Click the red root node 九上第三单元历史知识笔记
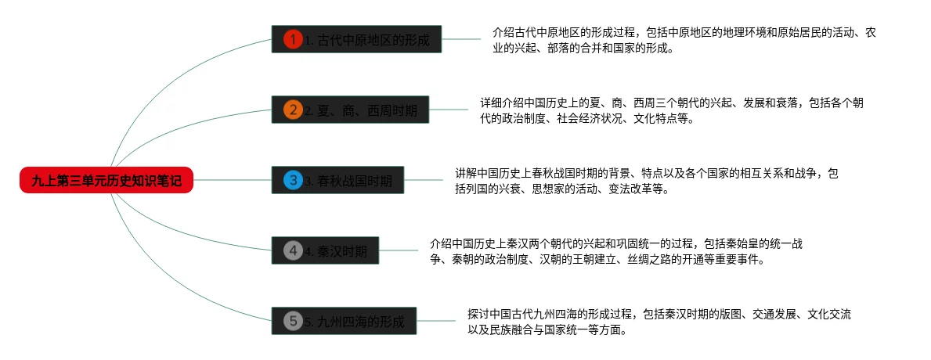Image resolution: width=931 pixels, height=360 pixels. [x=106, y=181]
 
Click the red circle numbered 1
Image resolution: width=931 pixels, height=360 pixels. [x=293, y=39]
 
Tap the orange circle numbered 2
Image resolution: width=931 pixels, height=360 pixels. [x=293, y=110]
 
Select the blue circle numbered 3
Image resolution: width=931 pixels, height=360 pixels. [x=293, y=181]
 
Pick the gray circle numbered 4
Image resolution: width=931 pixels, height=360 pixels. [x=293, y=250]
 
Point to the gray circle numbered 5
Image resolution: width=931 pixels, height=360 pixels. [x=293, y=320]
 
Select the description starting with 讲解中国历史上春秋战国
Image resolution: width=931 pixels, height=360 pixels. [x=647, y=181]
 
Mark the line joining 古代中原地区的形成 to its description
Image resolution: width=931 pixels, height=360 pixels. [x=461, y=38]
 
